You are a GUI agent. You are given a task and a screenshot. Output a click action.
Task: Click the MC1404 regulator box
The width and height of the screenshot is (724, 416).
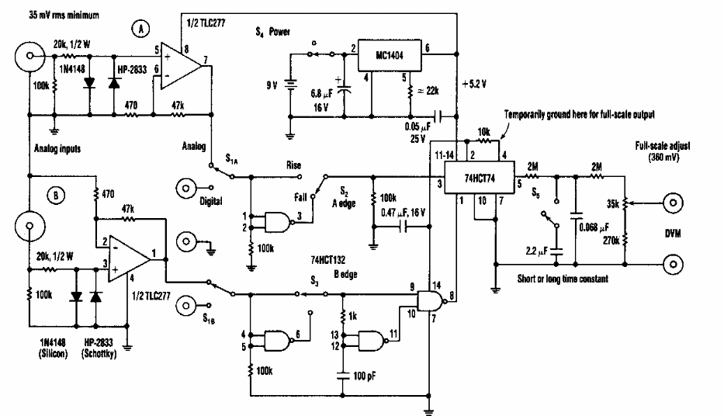coord(390,55)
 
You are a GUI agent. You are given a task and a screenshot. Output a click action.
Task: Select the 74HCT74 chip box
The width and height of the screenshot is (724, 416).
coord(480,177)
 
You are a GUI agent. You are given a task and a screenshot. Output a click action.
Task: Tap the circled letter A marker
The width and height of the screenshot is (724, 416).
coord(140,29)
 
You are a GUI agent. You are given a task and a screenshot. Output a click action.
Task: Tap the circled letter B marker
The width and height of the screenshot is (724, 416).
coord(56,196)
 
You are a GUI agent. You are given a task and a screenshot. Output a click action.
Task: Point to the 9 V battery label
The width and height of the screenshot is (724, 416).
coord(272,85)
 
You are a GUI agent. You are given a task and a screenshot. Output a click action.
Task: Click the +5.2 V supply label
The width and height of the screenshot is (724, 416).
coord(474,84)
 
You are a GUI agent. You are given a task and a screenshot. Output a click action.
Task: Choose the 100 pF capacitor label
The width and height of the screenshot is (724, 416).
coord(364,376)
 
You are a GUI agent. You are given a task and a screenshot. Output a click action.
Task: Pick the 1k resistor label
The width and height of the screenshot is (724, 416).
coord(353,317)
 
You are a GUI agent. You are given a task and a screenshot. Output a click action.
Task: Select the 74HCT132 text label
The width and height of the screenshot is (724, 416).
coord(327,261)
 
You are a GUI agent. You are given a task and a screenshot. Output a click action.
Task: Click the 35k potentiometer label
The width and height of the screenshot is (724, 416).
coord(613,203)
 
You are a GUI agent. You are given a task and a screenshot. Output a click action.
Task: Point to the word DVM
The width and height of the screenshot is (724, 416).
coord(673,233)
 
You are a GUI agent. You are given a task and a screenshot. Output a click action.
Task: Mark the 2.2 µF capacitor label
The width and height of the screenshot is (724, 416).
coord(537,251)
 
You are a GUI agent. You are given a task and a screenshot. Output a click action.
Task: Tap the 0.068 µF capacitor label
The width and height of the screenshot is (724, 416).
coord(594,227)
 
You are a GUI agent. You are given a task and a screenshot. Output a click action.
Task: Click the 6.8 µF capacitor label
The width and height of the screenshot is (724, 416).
coord(321,94)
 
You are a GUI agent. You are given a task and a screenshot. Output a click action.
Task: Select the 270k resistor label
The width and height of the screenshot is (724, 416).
coord(611,240)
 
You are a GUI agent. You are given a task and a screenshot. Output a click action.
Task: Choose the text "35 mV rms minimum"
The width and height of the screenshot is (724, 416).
coord(64,15)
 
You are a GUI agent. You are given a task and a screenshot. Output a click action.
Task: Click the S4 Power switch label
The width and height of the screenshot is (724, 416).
coord(272,32)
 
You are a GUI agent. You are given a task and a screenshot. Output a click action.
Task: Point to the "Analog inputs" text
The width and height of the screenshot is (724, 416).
coord(57,149)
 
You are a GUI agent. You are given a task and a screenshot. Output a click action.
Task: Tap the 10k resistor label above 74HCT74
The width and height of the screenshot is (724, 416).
coord(483,133)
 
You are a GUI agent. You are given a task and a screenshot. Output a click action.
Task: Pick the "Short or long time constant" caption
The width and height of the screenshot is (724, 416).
coord(563,279)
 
